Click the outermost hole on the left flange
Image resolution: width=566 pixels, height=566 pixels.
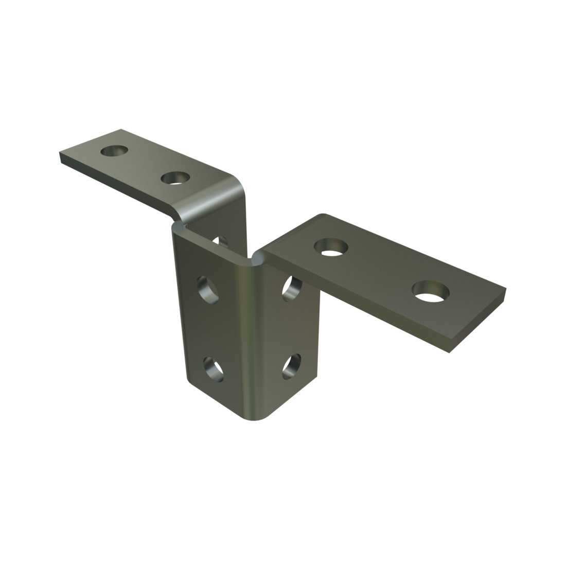[x=114, y=151]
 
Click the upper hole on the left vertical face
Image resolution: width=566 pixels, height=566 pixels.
[x=207, y=289]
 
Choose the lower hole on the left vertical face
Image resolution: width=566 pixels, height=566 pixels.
[x=213, y=368]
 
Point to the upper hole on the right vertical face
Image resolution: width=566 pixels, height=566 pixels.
[x=292, y=288]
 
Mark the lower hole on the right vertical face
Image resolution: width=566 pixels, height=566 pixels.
[x=292, y=366]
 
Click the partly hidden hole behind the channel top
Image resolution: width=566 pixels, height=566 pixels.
[x=222, y=240]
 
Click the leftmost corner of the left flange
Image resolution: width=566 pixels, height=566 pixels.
[x=60, y=154]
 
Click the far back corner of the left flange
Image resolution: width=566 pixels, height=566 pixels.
[x=121, y=129]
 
